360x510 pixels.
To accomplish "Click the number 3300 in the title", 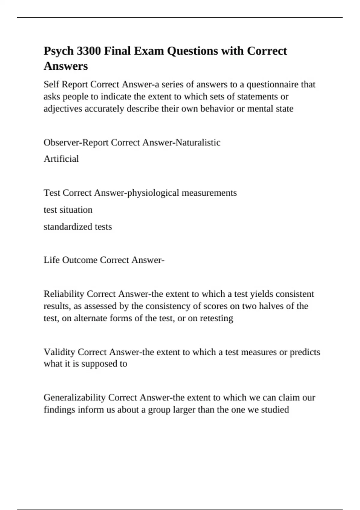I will click(x=89, y=51).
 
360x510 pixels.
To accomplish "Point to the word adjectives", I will click(x=63, y=109).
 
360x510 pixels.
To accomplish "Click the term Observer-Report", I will click(x=76, y=142).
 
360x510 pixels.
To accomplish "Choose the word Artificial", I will click(x=61, y=159).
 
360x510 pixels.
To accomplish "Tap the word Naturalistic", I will click(x=198, y=142).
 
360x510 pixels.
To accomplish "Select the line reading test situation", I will click(x=68, y=210).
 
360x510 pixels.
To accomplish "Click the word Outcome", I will click(x=79, y=260).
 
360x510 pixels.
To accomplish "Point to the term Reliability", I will click(x=64, y=294).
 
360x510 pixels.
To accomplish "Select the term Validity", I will click(x=59, y=352).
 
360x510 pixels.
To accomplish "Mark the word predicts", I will click(x=305, y=352).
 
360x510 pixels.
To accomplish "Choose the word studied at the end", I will click(x=275, y=409).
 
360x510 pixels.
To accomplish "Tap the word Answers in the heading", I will click(x=66, y=66).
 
